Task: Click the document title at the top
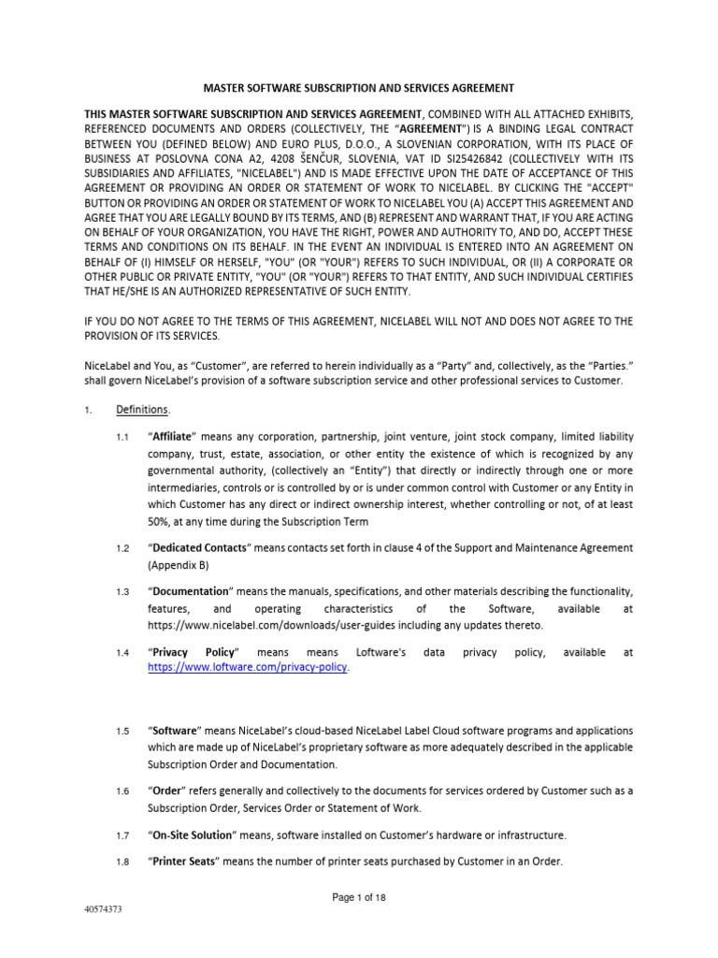click(x=359, y=88)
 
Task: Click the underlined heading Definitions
click(x=142, y=410)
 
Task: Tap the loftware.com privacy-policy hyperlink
click(x=248, y=667)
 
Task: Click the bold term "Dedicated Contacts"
click(x=199, y=547)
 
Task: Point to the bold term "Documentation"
click(x=190, y=591)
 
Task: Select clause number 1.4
click(x=122, y=652)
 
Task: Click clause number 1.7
click(x=122, y=835)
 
